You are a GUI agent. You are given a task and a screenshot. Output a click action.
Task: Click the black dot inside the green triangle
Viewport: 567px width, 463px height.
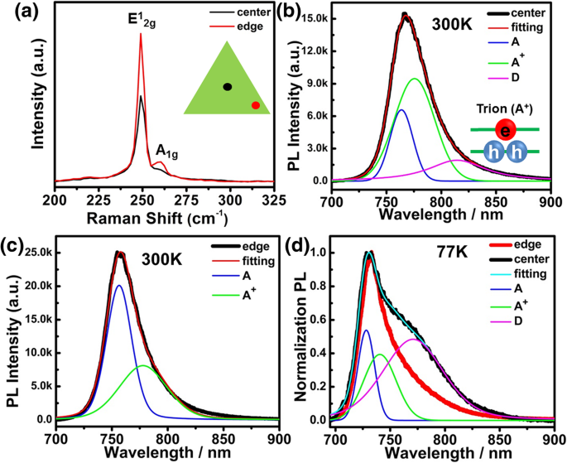pyautogui.click(x=228, y=86)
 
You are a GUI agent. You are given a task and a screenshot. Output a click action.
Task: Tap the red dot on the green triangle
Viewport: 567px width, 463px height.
pyautogui.click(x=256, y=105)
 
